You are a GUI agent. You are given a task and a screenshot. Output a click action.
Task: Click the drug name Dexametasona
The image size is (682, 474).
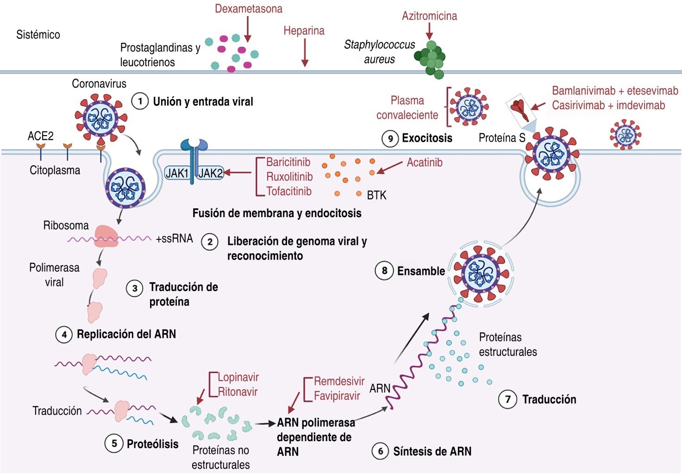248,9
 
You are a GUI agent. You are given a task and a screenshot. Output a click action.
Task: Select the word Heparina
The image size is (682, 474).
304,31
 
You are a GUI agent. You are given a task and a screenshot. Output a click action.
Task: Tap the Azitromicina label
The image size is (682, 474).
429,16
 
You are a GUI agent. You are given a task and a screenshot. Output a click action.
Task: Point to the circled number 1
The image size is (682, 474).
140,101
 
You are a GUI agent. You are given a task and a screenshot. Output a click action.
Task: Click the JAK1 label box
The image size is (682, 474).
177,173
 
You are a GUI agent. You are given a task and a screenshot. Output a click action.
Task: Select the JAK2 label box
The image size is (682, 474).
211,173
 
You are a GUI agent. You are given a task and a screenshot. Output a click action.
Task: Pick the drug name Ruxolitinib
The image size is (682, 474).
289,177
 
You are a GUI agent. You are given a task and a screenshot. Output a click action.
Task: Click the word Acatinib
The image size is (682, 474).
425,162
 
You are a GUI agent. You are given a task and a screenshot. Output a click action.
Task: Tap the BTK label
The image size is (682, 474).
376,195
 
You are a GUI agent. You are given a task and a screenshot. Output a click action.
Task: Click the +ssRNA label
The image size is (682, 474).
174,238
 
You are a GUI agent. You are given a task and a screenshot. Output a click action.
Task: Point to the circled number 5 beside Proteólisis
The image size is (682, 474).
114,443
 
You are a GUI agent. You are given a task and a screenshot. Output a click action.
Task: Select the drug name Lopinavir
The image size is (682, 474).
238,377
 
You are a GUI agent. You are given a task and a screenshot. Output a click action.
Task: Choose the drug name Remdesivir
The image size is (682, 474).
339,381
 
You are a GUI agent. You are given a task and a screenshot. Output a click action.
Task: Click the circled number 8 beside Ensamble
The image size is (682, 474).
384,270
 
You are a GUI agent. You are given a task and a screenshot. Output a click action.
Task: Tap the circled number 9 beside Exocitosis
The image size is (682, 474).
390,138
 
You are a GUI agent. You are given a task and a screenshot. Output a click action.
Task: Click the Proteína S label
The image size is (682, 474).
501,138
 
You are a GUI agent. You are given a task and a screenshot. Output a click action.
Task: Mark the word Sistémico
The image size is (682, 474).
38,35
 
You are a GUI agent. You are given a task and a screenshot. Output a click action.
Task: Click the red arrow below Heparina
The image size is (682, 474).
305,53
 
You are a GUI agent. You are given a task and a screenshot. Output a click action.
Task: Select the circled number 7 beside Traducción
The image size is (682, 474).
507,399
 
